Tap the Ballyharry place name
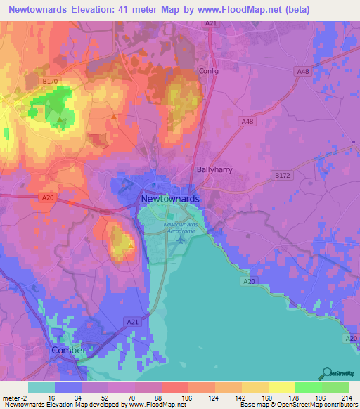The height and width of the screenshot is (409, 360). pos(214,169)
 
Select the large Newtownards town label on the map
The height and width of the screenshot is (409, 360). pos(170,199)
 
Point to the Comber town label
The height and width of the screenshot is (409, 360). pos(69,350)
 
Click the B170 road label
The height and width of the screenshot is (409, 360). pos(49,82)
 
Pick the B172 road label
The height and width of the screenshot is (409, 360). pos(282,174)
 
